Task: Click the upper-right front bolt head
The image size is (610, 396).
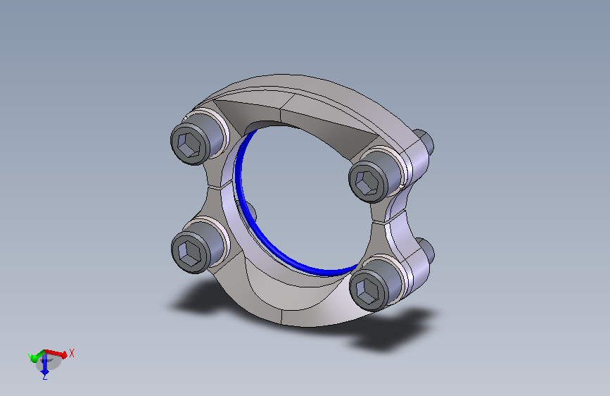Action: [x=374, y=177]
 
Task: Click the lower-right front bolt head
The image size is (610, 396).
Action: [x=376, y=285]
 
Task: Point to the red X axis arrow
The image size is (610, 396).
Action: [x=56, y=354]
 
